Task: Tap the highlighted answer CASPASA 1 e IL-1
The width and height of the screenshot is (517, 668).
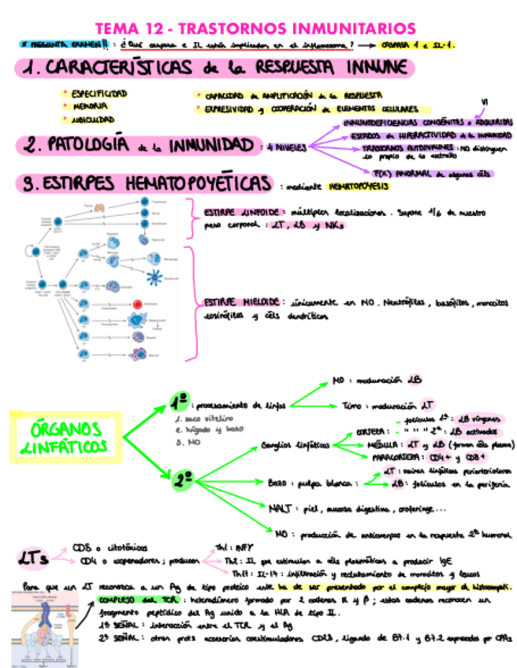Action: click(422, 44)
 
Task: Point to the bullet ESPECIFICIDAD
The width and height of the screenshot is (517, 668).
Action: click(99, 93)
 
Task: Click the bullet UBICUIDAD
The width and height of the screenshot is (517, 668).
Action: click(95, 120)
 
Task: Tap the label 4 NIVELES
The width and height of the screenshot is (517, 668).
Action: click(286, 147)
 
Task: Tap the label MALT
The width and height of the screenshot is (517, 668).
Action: click(281, 507)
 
